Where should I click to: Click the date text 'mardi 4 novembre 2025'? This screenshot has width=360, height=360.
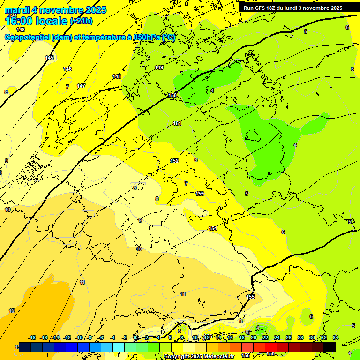(55, 10)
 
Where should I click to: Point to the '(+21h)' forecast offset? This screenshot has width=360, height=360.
(81, 21)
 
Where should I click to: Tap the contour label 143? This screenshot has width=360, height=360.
(21, 30)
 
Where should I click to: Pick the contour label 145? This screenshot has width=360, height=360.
(49, 58)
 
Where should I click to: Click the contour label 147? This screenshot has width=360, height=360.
(81, 86)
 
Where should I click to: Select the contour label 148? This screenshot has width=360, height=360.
(117, 76)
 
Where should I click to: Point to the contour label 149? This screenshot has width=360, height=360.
(159, 67)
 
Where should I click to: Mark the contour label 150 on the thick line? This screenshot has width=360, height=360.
(172, 96)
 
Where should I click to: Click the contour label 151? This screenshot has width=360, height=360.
(177, 123)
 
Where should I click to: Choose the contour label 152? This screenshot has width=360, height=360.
(174, 161)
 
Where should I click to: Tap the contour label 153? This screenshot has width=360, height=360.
(200, 194)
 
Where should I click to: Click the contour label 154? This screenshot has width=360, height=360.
(213, 228)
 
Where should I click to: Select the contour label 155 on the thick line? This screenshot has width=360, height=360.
(250, 297)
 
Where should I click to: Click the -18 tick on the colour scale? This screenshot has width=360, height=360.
(32, 337)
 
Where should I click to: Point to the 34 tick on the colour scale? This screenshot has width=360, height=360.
(336, 337)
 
